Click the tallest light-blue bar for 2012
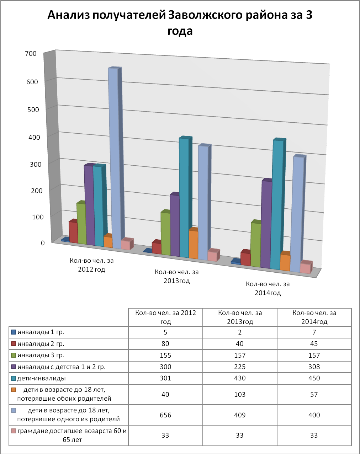[x=113, y=156]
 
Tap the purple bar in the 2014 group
[x=266, y=224]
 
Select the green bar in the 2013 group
[x=165, y=233]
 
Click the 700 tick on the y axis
[x=31, y=54]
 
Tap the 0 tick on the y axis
[x=43, y=243]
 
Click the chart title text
[x=180, y=23]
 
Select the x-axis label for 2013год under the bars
[x=177, y=276]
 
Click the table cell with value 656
[x=165, y=415]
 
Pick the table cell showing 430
[x=240, y=378]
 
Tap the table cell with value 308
[x=314, y=367]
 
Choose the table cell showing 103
[x=240, y=394]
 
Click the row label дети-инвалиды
[x=42, y=378]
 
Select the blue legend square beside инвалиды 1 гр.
[x=14, y=332]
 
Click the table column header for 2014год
[x=314, y=317]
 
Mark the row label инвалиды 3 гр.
[x=41, y=355]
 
